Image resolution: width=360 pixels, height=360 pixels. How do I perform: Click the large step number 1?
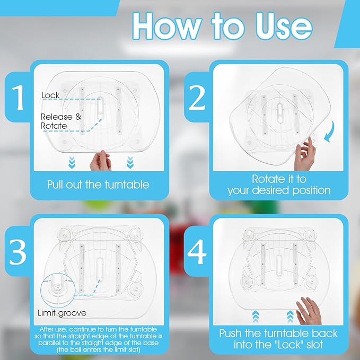[x=17, y=98]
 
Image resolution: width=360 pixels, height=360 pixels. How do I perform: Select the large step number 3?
[x=18, y=252]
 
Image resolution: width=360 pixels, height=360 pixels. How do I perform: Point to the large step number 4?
[x=197, y=252]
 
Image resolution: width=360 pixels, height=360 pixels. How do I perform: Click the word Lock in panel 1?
[x=50, y=95]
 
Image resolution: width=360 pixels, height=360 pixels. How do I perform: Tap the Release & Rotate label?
[x=61, y=121]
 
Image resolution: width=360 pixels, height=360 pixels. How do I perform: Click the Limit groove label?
[x=62, y=313]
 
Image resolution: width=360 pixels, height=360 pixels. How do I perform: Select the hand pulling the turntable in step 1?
[x=100, y=161]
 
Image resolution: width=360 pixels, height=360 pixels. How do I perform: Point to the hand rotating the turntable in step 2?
[x=305, y=153]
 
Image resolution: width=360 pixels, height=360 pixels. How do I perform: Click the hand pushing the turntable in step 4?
[x=309, y=311]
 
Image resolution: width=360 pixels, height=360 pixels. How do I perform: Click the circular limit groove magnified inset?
[x=58, y=291]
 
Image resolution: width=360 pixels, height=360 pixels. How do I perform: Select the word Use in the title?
[x=284, y=26]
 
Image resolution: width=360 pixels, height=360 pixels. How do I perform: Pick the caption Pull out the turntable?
[x=98, y=185]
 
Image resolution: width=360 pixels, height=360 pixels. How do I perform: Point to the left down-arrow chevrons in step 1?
[x=72, y=162]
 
